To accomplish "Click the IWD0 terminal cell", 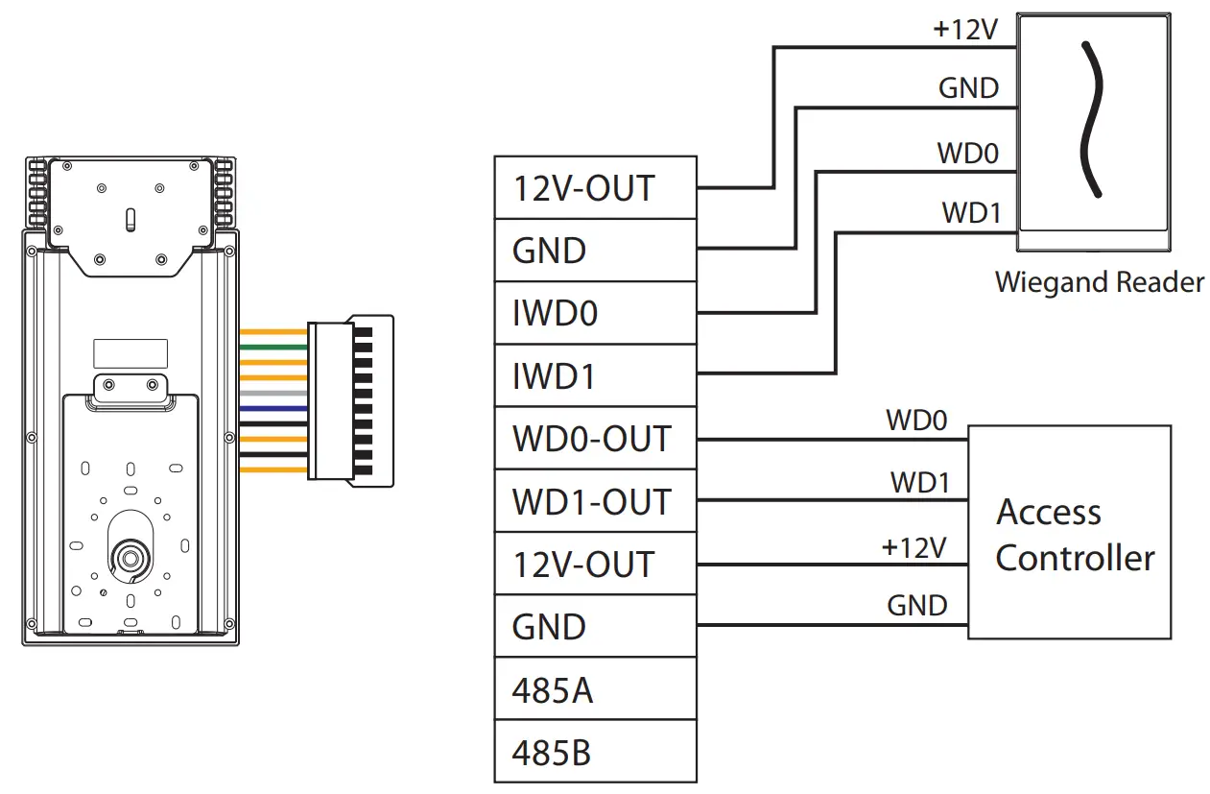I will click(x=595, y=313).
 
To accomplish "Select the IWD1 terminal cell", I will click(x=595, y=375).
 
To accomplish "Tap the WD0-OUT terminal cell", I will click(x=595, y=439).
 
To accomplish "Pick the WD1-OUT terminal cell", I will click(x=595, y=501).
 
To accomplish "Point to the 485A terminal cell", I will click(x=595, y=689).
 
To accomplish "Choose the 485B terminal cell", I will click(x=595, y=752).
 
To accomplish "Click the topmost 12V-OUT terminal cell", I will click(x=595, y=188).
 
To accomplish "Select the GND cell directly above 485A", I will click(x=595, y=627).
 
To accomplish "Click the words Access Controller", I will click(x=1074, y=534).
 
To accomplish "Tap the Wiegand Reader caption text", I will click(x=1099, y=282).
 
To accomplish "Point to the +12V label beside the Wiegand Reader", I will click(x=965, y=30).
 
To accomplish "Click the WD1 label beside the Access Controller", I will click(x=919, y=482).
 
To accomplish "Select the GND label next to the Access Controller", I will click(x=917, y=606).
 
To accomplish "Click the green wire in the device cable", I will click(x=273, y=347).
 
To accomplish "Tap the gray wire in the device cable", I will click(x=273, y=394).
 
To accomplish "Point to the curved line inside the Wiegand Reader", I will click(x=1089, y=121).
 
